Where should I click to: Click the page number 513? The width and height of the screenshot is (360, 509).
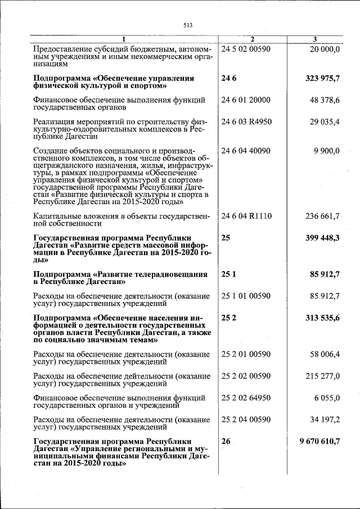pos(188,25)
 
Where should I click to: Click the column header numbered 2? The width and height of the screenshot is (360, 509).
pos(252,39)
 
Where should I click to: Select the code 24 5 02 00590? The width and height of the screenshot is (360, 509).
pos(246,49)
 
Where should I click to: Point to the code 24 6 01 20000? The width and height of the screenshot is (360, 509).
pos(246,100)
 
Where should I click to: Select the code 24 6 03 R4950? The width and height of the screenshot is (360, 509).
pos(246,121)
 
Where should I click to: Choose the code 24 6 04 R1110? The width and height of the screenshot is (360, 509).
pos(246,216)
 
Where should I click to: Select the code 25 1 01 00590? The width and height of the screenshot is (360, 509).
pos(246,296)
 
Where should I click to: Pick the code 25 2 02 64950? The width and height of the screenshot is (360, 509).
pos(246,398)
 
